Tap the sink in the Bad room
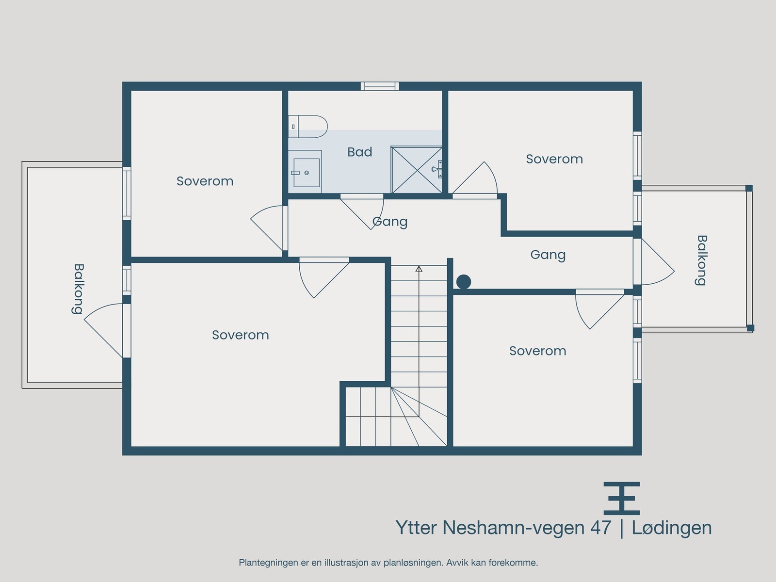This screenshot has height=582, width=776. pyautogui.click(x=306, y=172)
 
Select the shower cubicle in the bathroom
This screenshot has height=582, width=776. pyautogui.click(x=416, y=170)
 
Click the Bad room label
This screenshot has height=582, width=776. pyautogui.click(x=360, y=152)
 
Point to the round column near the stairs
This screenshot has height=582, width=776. pyautogui.click(x=464, y=281)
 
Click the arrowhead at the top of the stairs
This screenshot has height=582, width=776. pyautogui.click(x=419, y=268)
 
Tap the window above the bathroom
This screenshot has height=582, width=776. pyautogui.click(x=380, y=86)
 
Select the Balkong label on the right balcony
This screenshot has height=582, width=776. pyautogui.click(x=701, y=260)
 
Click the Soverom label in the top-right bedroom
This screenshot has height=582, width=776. pyautogui.click(x=554, y=159)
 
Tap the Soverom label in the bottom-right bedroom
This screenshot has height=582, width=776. pyautogui.click(x=537, y=351)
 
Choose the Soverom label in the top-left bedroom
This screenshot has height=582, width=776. pyautogui.click(x=205, y=181)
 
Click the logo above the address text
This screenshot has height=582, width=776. pyautogui.click(x=621, y=498)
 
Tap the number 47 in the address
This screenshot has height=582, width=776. pyautogui.click(x=600, y=528)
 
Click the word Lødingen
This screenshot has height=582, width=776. pyautogui.click(x=672, y=528)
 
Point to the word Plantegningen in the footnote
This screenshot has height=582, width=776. pyautogui.click(x=268, y=563)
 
